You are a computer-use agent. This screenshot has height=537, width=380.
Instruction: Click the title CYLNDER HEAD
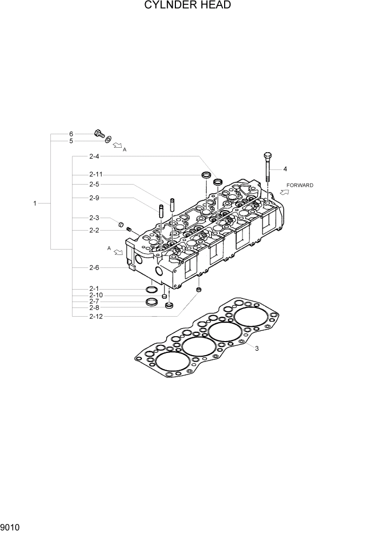coord(188,6)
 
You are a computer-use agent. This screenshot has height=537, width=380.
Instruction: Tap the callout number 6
coord(70,134)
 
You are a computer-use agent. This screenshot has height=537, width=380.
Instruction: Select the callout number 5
coord(70,141)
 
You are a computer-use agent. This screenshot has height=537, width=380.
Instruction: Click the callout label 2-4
coord(94,157)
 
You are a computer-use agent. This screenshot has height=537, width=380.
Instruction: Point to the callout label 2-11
coord(96,174)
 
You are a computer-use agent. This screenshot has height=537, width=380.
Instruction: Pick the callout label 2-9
coord(94,198)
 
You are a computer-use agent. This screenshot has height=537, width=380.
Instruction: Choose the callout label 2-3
coord(94,218)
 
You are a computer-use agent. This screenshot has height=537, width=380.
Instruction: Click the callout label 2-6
coord(94,267)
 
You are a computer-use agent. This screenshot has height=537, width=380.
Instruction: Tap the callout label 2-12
coord(96,316)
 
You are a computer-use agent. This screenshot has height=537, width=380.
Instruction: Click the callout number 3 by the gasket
coord(257,349)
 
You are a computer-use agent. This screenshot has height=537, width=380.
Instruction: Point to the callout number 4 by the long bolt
coord(285,169)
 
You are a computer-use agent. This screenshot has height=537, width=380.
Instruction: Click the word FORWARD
coord(300,185)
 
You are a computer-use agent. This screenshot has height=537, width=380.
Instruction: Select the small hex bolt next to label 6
coord(99,133)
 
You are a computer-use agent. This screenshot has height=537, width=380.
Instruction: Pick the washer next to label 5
coord(109,140)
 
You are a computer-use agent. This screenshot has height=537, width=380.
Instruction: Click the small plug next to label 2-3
coord(121,223)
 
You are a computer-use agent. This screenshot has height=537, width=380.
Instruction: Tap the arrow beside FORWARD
coord(284,192)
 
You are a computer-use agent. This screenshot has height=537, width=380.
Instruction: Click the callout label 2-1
coord(94,289)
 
